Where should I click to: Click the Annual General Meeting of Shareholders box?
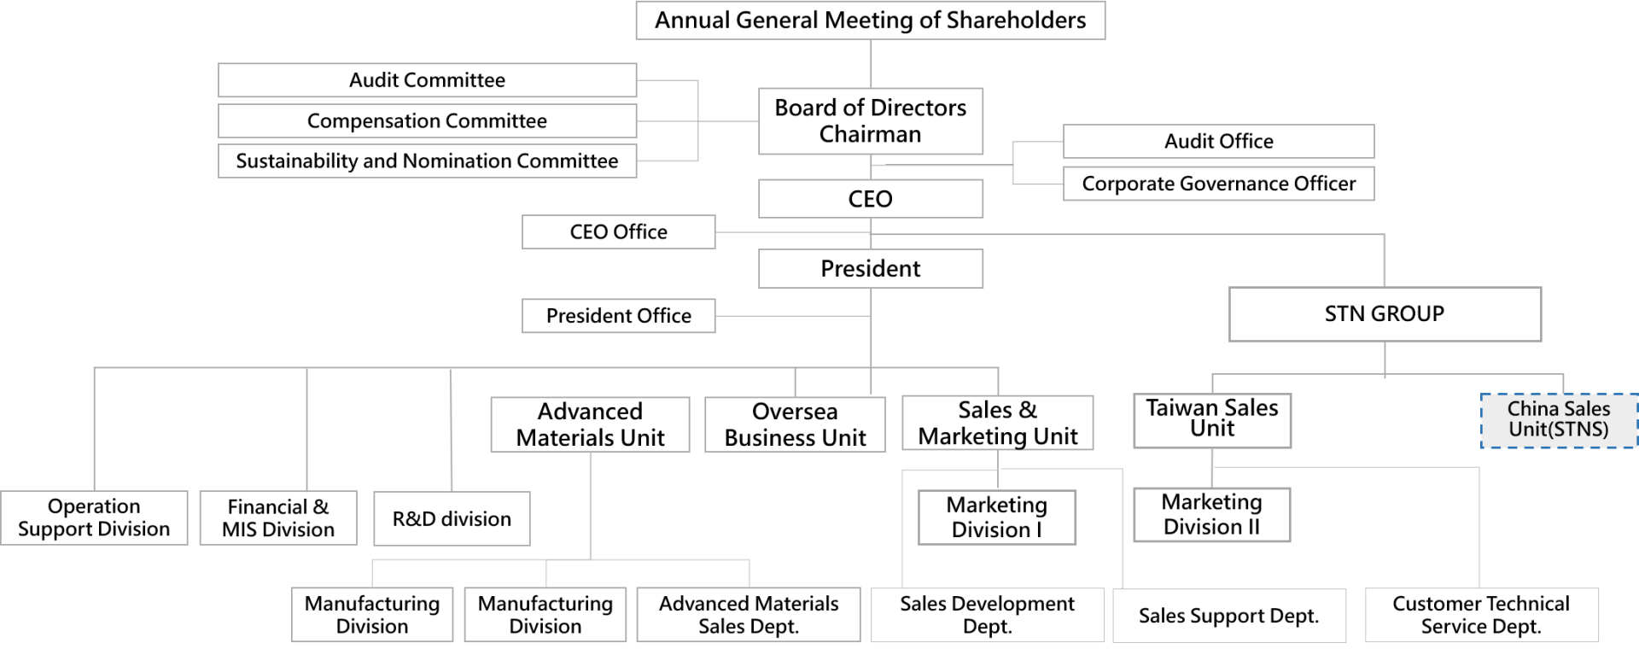point(871,20)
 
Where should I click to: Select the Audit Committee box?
point(427,80)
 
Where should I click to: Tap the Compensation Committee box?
point(427,121)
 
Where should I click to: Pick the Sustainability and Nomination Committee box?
point(427,161)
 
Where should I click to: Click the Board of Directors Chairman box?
point(871,121)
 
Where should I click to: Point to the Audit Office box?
point(1219,142)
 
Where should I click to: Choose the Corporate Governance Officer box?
point(1219,184)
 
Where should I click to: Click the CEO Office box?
point(619,232)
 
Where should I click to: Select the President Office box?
point(619,316)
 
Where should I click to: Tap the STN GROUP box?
point(1385,314)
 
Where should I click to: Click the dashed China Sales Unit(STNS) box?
point(1559,420)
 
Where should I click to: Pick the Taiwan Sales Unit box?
point(1212,420)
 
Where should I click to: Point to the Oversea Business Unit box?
point(795,424)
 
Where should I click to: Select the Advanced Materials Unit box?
point(590,424)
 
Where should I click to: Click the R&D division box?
point(452,518)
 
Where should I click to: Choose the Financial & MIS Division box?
point(278,517)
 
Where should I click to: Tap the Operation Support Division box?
point(94,517)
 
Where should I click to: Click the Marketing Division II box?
point(1212,515)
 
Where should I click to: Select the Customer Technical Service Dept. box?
point(1481,615)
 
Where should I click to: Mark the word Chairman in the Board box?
point(871,135)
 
